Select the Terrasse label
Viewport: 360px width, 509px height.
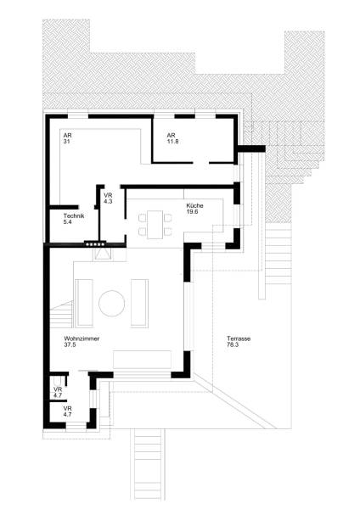(x=239, y=338)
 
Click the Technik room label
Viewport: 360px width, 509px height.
(x=74, y=215)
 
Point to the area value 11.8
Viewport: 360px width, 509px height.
(x=173, y=142)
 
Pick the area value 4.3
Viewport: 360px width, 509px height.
(x=108, y=201)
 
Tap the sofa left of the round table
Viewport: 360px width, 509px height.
(x=85, y=302)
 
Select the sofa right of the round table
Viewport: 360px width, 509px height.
(x=138, y=302)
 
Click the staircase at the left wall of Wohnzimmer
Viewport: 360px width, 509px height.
(x=60, y=318)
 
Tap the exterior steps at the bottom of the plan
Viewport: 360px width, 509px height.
(x=146, y=467)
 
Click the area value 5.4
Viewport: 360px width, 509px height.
(x=68, y=222)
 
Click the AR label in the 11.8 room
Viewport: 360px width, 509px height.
(x=171, y=135)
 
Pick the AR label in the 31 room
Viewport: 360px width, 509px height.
(x=67, y=135)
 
